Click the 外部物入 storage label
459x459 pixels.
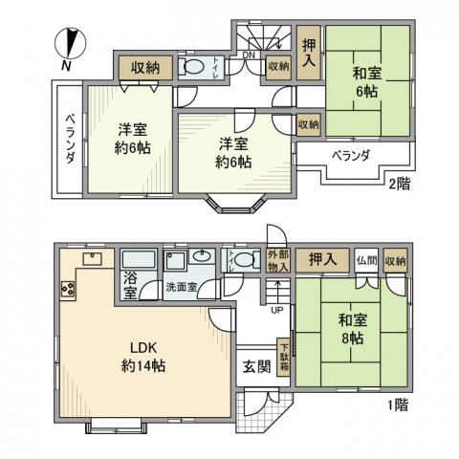tap(277, 261)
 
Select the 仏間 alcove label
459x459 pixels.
tap(366, 259)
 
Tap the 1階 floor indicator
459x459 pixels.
tap(398, 405)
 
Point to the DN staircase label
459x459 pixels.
tap(249, 55)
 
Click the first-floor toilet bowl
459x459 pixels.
tap(245, 261)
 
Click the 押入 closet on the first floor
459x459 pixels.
tap(320, 259)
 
